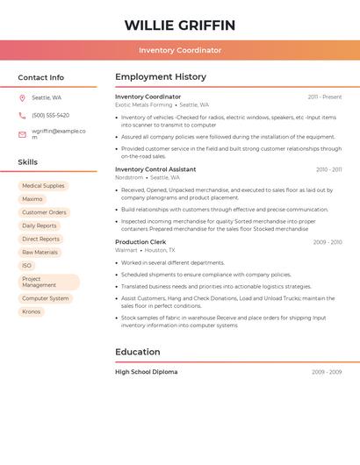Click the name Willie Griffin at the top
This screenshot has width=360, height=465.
pyautogui.click(x=180, y=25)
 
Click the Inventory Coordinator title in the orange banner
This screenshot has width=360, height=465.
pyautogui.click(x=180, y=50)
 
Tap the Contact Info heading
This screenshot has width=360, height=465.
pyautogui.click(x=41, y=77)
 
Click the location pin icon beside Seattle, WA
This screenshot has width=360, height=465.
pyautogui.click(x=22, y=98)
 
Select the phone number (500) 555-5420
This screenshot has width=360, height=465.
pyautogui.click(x=50, y=115)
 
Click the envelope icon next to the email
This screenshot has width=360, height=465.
pyautogui.click(x=22, y=134)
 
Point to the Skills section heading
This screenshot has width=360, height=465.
pyautogui.click(x=28, y=162)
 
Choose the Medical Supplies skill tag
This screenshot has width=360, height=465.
pyautogui.click(x=43, y=186)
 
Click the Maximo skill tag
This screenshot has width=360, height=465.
pyautogui.click(x=32, y=199)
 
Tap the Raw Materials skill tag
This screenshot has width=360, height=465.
pyautogui.click(x=40, y=252)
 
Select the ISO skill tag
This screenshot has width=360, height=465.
pyautogui.click(x=26, y=265)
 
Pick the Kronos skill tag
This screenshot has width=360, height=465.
pyautogui.click(x=31, y=311)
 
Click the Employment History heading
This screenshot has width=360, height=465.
pyautogui.click(x=161, y=77)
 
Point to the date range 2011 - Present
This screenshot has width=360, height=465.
pyautogui.click(x=325, y=97)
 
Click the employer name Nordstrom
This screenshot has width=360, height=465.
pyautogui.click(x=128, y=177)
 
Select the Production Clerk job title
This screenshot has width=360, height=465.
pyautogui.click(x=140, y=241)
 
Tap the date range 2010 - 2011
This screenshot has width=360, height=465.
pyautogui.click(x=328, y=169)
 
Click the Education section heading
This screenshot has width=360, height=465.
pyautogui.click(x=138, y=352)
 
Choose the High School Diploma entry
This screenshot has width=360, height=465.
pyautogui.click(x=147, y=372)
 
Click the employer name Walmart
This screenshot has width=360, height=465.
pyautogui.click(x=126, y=250)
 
